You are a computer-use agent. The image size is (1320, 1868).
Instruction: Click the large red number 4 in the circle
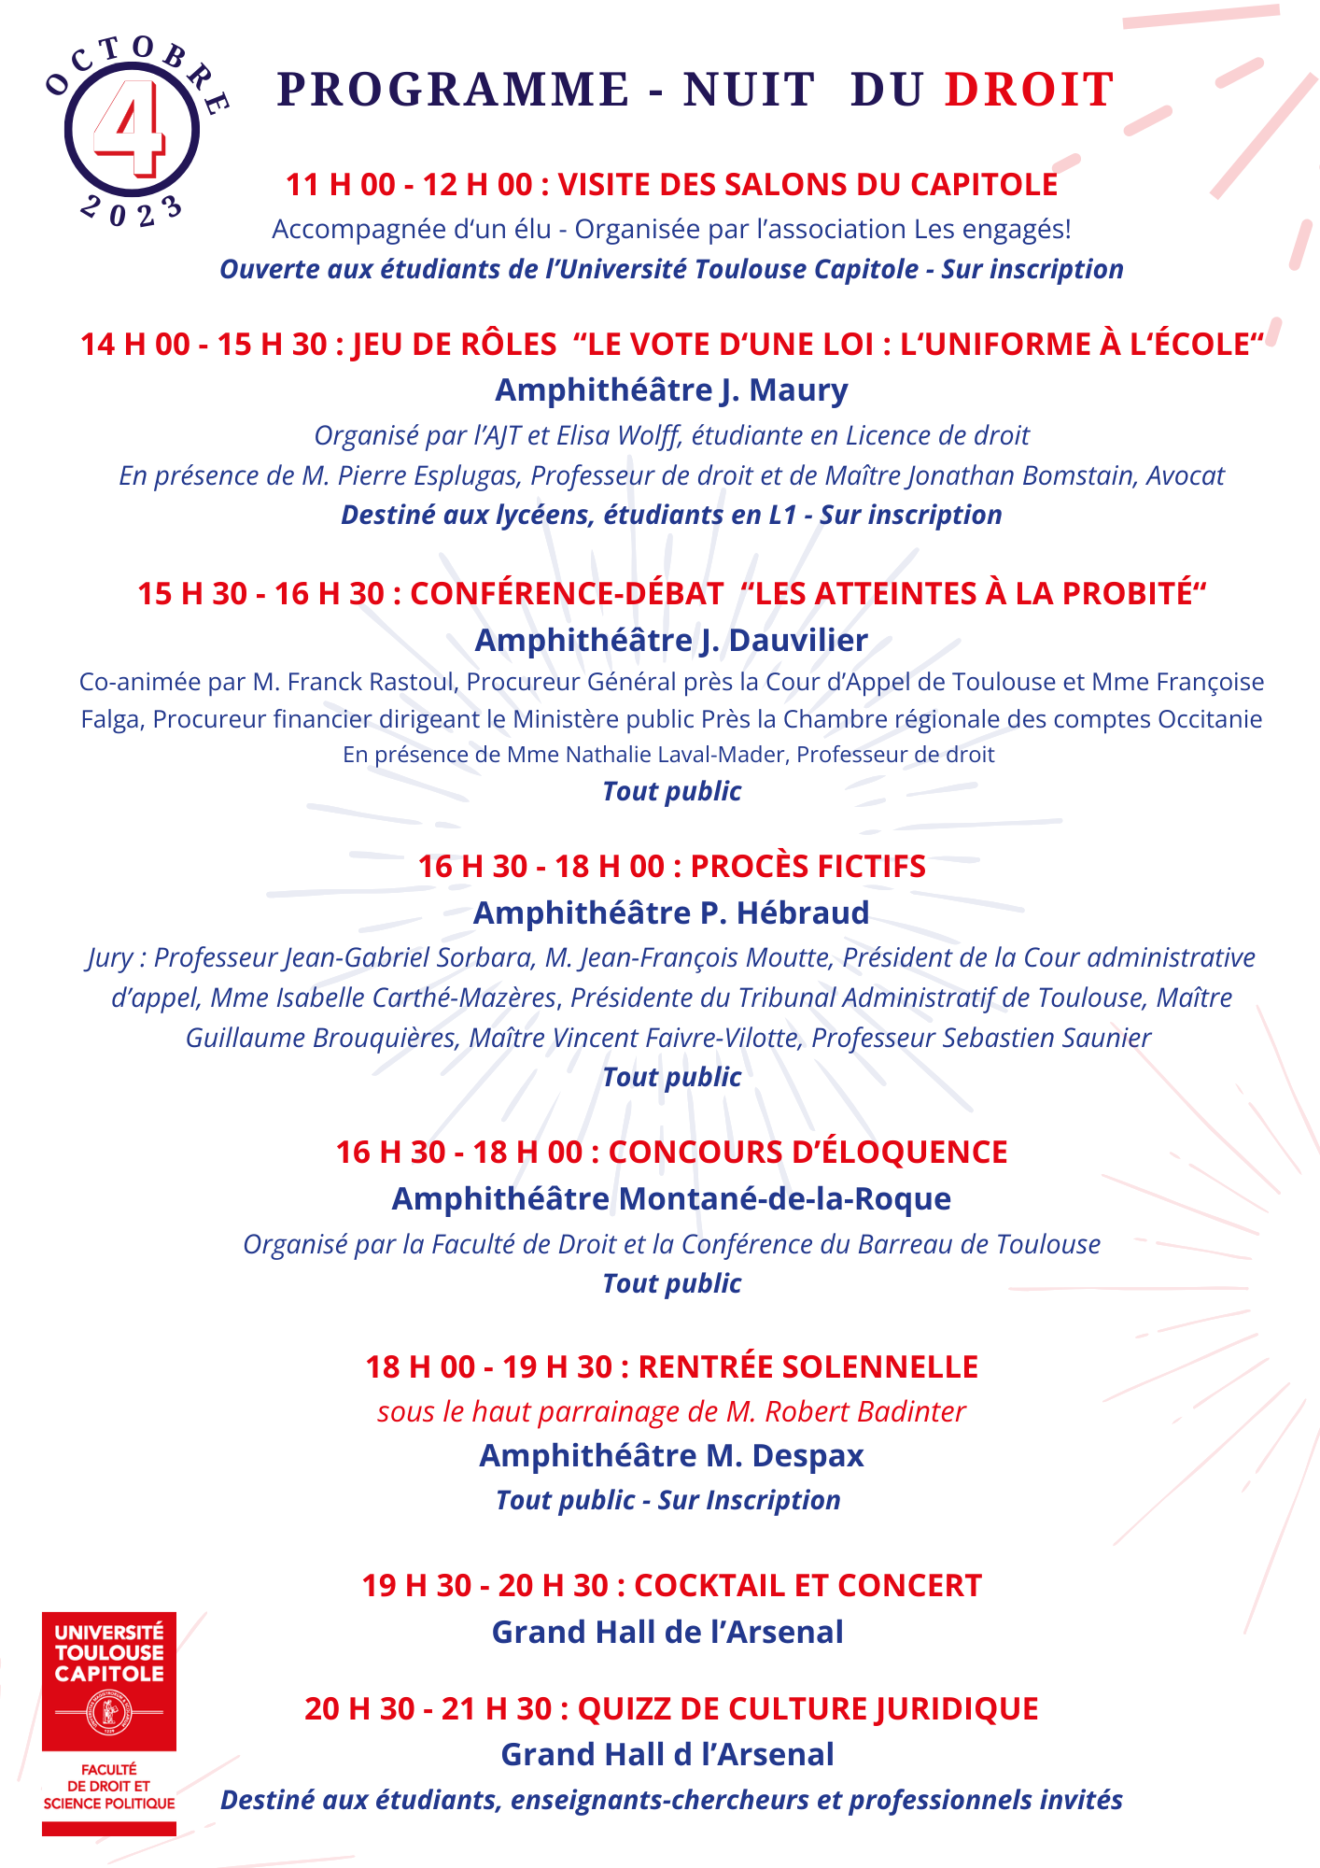pos(132,128)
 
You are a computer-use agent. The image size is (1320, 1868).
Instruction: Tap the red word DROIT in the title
pos(1030,90)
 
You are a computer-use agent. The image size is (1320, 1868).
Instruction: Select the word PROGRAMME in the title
pos(453,90)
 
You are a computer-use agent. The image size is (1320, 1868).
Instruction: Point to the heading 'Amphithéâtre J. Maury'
pos(671,389)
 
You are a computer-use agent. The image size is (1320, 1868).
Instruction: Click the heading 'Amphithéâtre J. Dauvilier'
pos(671,640)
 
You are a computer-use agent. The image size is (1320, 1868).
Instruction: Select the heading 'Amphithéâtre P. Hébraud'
pos(671,913)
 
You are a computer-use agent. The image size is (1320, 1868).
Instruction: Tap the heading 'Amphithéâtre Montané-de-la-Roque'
pos(671,1198)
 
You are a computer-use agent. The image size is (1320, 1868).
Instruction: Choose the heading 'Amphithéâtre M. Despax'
pos(671,1455)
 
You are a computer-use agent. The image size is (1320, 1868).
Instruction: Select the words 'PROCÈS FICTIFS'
pos(807,866)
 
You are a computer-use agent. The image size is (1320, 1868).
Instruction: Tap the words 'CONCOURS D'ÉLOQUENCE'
pos(807,1152)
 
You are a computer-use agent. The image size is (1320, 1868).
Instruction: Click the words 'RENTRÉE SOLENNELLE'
pos(807,1366)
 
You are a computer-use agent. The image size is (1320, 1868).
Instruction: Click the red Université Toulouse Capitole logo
pos(109,1680)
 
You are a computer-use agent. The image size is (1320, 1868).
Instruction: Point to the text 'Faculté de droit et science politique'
pos(109,1786)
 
